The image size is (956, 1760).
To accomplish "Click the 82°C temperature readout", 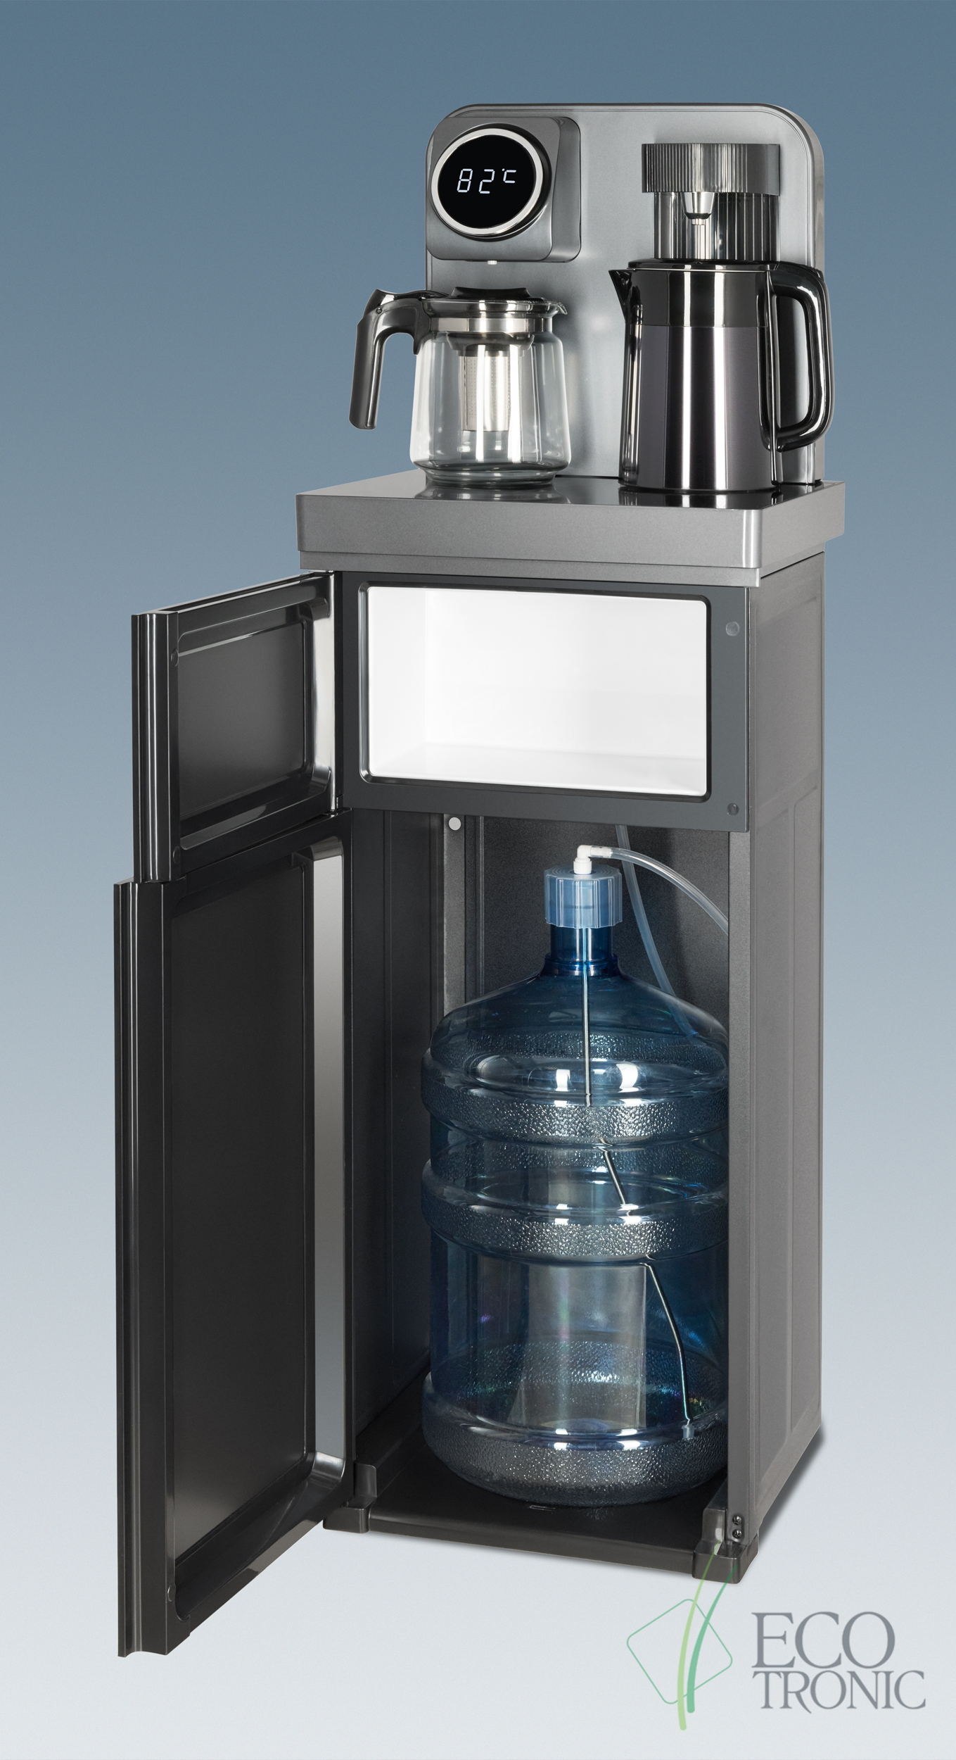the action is (485, 182).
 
